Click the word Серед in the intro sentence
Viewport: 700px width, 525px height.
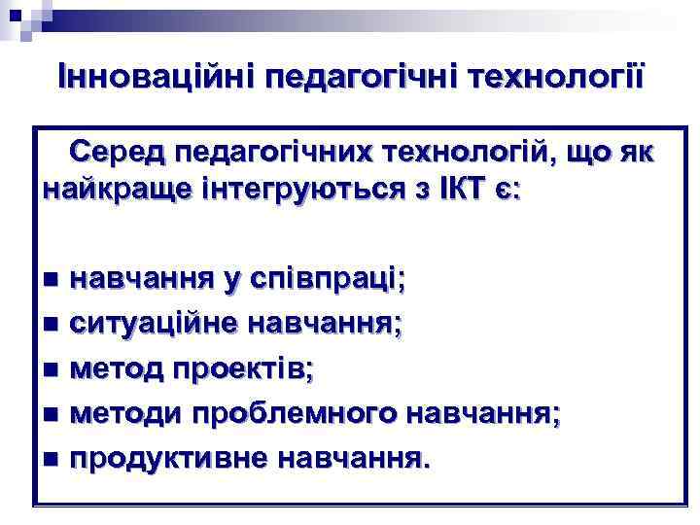point(109,153)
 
